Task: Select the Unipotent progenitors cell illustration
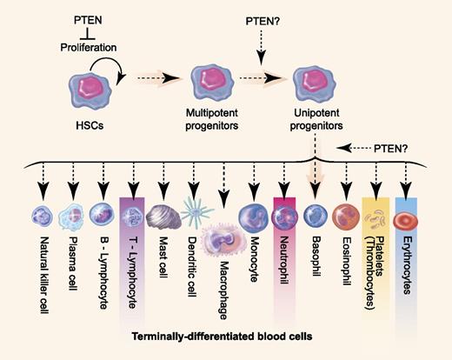[x=315, y=86]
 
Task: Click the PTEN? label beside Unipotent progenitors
[x=405, y=149]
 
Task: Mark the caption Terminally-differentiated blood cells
[x=226, y=335]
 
